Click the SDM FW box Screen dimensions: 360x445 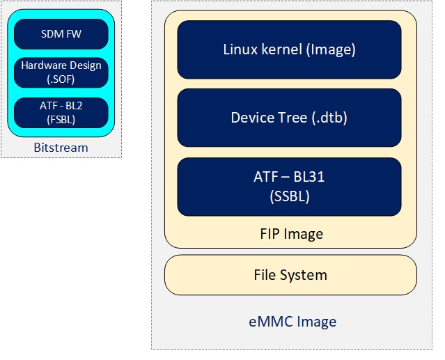coord(61,33)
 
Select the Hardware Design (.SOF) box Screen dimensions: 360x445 coord(61,72)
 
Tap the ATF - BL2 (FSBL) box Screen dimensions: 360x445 coord(61,112)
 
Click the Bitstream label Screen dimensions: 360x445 coord(61,148)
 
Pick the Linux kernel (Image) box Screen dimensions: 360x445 coord(289,49)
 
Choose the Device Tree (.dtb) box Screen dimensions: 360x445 coord(289,118)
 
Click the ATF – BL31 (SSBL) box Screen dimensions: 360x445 coord(289,187)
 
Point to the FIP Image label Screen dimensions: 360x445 coord(290,233)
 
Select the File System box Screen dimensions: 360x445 coord(290,274)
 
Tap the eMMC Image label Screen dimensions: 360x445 coord(292,322)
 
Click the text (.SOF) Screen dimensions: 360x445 coord(61,79)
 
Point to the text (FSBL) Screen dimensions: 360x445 coord(61,118)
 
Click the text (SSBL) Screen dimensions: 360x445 coord(290,196)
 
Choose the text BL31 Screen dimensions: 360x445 coord(308,178)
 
